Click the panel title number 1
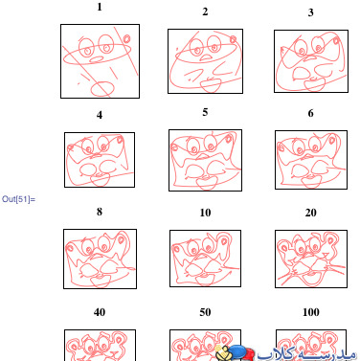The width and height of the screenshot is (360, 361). pos(100,7)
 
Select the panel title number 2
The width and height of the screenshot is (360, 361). pos(205,11)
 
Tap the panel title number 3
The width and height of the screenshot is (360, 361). pos(310,12)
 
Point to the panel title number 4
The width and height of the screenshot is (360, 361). pos(100,115)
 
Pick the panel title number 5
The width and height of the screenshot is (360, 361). pos(205,112)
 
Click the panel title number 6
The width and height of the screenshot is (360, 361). pos(310,113)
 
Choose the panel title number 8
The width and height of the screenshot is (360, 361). pos(100,212)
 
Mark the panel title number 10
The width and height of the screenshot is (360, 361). pos(205,213)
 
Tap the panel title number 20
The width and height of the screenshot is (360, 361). pos(310,213)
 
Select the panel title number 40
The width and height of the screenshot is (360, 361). pos(100,312)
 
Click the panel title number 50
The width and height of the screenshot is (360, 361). pos(205,312)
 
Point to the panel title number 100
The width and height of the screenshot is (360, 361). pos(310,312)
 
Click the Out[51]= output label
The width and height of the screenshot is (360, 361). pos(18,199)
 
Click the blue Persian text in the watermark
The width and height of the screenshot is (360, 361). pos(306,353)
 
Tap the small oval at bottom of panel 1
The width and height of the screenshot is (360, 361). pos(102,88)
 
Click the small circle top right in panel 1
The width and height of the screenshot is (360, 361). pos(126,39)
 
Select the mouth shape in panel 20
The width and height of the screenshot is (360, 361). pos(310,279)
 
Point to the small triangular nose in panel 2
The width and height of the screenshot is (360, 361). pos(206,57)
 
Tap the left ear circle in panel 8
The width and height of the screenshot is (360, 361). pos(70,248)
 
